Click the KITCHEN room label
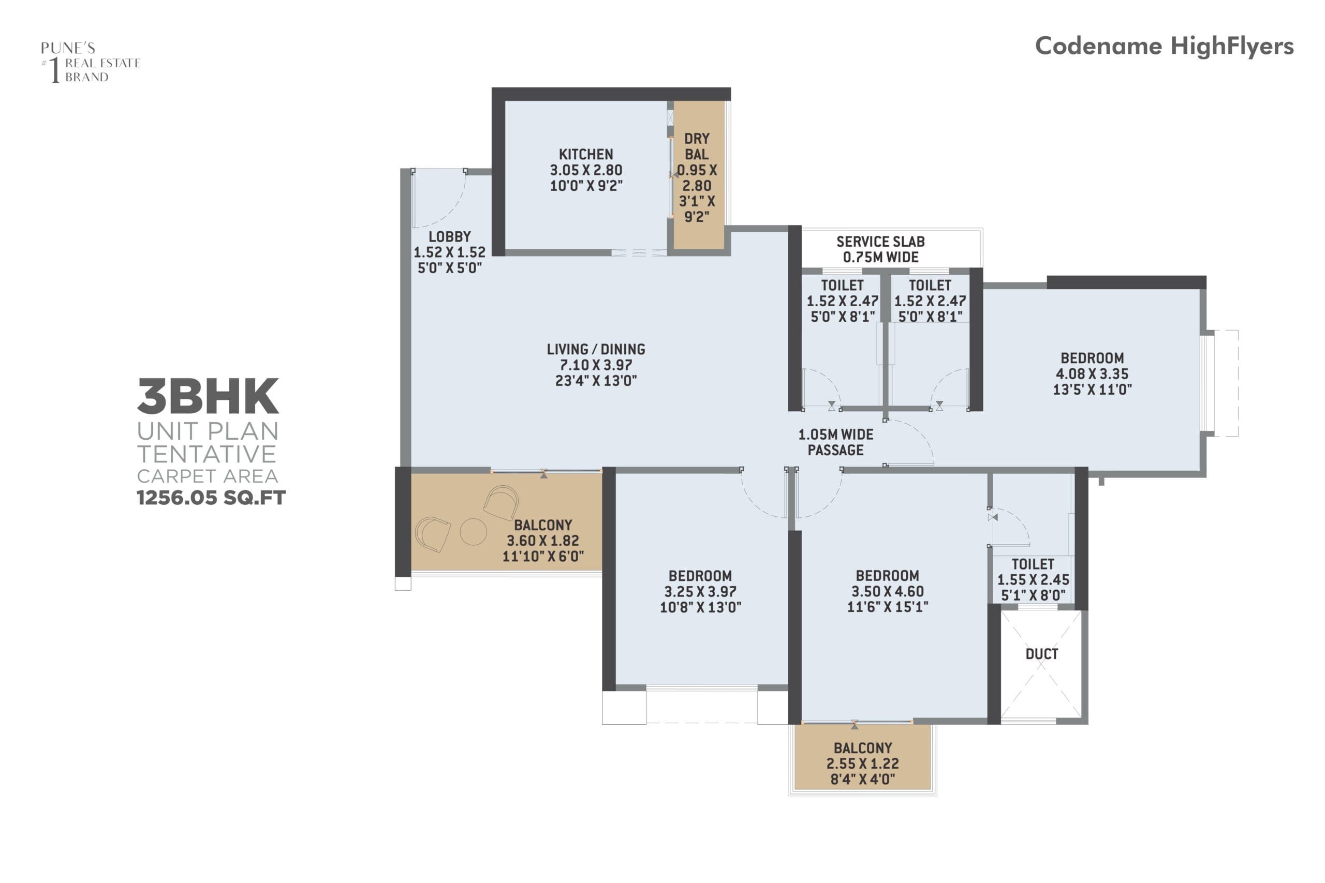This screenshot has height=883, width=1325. pyautogui.click(x=586, y=154)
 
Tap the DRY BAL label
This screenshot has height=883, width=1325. pyautogui.click(x=697, y=146)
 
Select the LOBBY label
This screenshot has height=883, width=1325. pyautogui.click(x=450, y=236)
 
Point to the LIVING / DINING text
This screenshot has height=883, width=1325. pyautogui.click(x=596, y=349)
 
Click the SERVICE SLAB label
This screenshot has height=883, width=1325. pyautogui.click(x=880, y=242)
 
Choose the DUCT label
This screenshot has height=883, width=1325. pyautogui.click(x=1042, y=654)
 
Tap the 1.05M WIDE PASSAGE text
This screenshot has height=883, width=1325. pyautogui.click(x=836, y=442)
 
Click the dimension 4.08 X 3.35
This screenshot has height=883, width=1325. pyautogui.click(x=1092, y=374)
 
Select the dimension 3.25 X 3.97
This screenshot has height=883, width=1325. pyautogui.click(x=700, y=591)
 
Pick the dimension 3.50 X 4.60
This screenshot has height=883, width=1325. pyautogui.click(x=887, y=591)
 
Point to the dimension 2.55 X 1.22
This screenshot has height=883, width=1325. pyautogui.click(x=862, y=764)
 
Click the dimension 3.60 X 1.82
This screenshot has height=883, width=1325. pyautogui.click(x=543, y=541)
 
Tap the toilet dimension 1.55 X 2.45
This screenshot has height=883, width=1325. pyautogui.click(x=1033, y=579)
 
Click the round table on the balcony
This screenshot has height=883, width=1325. pyautogui.click(x=473, y=532)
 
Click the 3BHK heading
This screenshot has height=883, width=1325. pyautogui.click(x=208, y=396)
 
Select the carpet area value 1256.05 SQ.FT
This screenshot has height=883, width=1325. pyautogui.click(x=211, y=498)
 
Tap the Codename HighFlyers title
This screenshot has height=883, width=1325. pyautogui.click(x=1165, y=46)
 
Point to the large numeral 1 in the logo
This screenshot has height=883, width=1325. pyautogui.click(x=55, y=70)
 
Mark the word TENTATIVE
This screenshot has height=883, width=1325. pyautogui.click(x=207, y=454)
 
